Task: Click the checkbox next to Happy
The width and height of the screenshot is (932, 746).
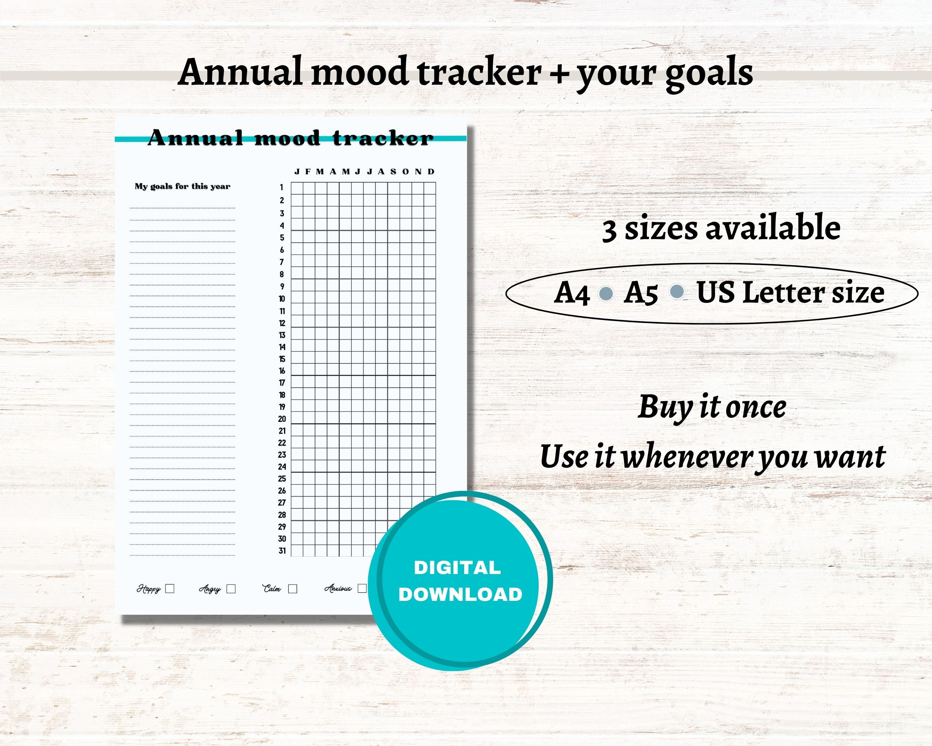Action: (x=170, y=589)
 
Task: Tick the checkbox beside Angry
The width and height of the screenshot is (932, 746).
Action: (x=231, y=589)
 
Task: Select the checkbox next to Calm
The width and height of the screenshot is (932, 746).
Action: (x=293, y=589)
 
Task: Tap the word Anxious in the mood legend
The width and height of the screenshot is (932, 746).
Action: (x=338, y=588)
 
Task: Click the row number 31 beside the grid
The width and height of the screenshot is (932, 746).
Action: (x=282, y=551)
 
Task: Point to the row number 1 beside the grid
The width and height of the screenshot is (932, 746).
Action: (x=281, y=187)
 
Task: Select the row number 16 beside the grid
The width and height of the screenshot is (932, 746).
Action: (x=282, y=371)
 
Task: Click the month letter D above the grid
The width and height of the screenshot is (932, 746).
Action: (x=431, y=172)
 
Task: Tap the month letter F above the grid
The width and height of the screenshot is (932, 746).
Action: (x=308, y=172)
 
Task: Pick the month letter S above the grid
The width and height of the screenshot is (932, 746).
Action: (x=393, y=172)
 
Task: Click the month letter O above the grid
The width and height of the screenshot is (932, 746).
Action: (x=406, y=172)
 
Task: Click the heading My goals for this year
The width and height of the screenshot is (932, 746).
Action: (x=182, y=186)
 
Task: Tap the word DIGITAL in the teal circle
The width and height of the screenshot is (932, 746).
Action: (x=457, y=568)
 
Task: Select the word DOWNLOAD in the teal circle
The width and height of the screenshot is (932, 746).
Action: (x=460, y=595)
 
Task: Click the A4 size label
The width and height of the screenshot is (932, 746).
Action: (x=572, y=293)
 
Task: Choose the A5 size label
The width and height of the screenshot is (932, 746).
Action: (x=640, y=293)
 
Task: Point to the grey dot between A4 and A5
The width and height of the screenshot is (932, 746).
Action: (x=606, y=294)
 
